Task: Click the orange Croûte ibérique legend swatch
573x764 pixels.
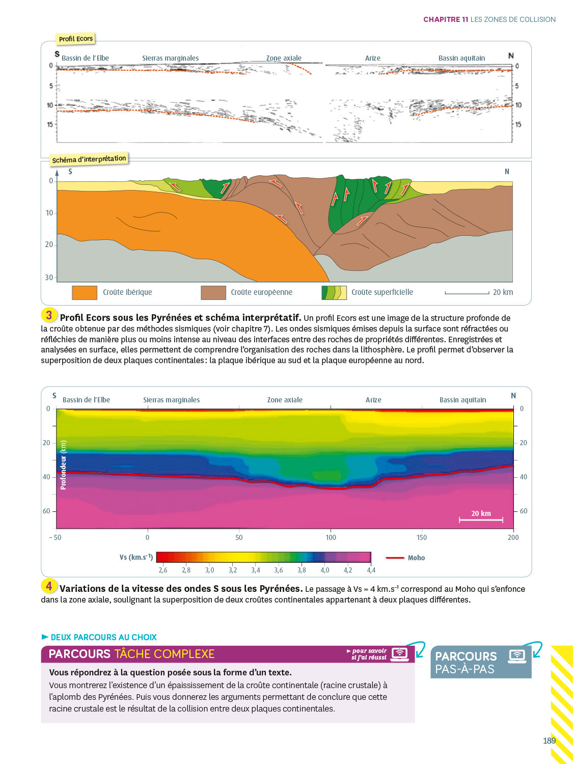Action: [x=84, y=292]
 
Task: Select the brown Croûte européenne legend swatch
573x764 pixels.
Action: [x=213, y=292]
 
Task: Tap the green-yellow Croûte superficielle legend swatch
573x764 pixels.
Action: [x=334, y=292]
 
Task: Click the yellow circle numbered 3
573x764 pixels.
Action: [x=49, y=315]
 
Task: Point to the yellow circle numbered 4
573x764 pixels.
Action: [x=49, y=586]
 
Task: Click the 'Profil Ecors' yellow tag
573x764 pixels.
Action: [x=75, y=39]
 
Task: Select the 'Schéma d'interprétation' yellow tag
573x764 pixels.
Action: [x=89, y=159]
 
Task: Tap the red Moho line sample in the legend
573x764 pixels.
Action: [x=395, y=558]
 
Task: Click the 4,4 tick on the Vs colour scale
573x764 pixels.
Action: [x=371, y=570]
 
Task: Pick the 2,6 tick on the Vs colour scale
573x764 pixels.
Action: [x=163, y=570]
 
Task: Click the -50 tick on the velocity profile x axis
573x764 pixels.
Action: [x=55, y=537]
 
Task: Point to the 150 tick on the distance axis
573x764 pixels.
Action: [x=422, y=537]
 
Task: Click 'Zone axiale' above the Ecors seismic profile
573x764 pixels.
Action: [x=284, y=58]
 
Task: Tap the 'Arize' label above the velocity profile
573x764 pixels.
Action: [x=373, y=400]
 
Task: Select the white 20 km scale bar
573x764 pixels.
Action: [x=481, y=520]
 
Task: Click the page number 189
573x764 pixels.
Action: [x=549, y=741]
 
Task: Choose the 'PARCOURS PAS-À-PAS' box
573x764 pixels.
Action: [x=480, y=662]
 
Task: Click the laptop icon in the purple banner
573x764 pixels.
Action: [x=400, y=654]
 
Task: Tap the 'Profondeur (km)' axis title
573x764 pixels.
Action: [x=63, y=465]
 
